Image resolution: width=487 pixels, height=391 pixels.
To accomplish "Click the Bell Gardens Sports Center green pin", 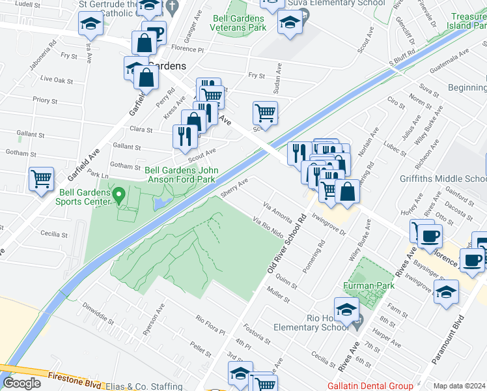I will [118, 194].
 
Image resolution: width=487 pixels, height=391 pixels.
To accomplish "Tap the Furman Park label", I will [369, 285].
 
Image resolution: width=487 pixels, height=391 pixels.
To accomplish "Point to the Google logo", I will [21, 383].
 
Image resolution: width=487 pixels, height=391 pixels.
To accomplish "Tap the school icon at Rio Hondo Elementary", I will [346, 308].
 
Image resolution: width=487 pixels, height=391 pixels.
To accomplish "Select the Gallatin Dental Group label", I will [370, 386].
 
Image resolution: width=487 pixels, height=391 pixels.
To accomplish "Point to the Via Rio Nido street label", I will [268, 228].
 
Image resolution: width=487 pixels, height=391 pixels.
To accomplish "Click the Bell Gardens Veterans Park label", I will [238, 23].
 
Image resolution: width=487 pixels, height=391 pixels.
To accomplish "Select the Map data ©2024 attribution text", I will [460, 386].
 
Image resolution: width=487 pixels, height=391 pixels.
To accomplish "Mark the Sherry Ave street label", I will [234, 187].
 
